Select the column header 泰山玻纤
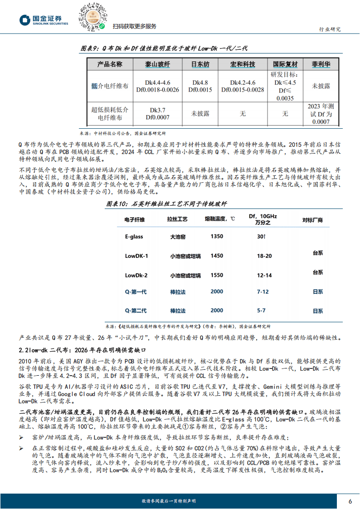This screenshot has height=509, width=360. coord(157,64)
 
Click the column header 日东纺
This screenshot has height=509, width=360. coord(200,64)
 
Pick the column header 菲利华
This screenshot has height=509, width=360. coord(324,64)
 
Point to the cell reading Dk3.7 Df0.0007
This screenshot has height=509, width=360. coord(157,113)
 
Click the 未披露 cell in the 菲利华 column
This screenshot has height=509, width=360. coord(324,86)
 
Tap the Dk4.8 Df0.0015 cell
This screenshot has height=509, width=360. coord(200,86)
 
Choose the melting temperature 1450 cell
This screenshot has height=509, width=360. coord(217,256)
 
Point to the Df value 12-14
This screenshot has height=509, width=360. coord(264,275)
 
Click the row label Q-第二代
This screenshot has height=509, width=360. coord(136,310)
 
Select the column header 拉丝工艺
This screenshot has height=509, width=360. coord(179,219)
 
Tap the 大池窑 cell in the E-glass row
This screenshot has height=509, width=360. coord(179,236)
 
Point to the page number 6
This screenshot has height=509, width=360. coord(350,500)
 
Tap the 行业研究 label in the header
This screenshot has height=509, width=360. coord(330,29)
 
